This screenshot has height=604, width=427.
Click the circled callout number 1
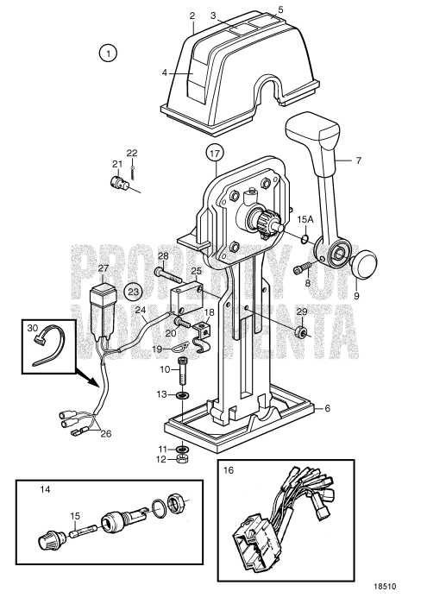(x=108, y=53)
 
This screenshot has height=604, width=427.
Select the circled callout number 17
(x=215, y=156)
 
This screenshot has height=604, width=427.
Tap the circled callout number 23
(x=135, y=291)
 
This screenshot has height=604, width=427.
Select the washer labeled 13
(x=183, y=395)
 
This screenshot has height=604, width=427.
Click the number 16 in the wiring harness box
(x=228, y=470)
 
